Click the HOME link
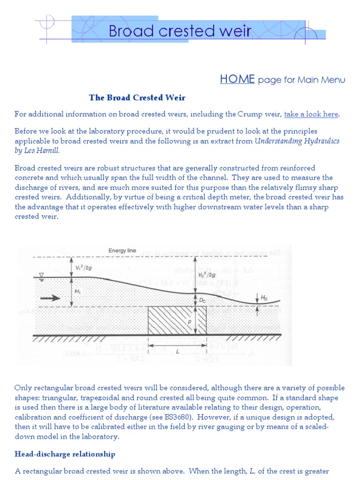coord(237,79)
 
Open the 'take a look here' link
coord(311,114)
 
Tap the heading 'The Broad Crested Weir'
coord(137,98)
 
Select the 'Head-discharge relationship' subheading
coord(65,454)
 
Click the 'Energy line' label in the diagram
coord(122,251)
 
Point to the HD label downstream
coord(264,298)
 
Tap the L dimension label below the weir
coord(178,351)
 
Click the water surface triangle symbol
coord(41,275)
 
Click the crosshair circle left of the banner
coord(48,21)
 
